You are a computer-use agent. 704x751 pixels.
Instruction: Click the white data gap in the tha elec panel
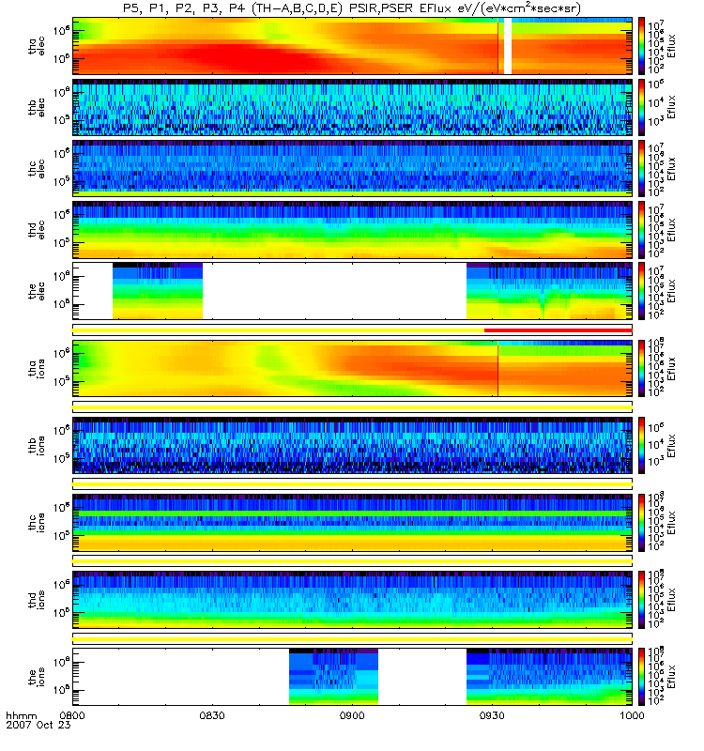pos(507,45)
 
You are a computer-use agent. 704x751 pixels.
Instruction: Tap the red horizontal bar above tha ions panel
pos(557,330)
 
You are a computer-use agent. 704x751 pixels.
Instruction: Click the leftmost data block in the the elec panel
pos(157,293)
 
